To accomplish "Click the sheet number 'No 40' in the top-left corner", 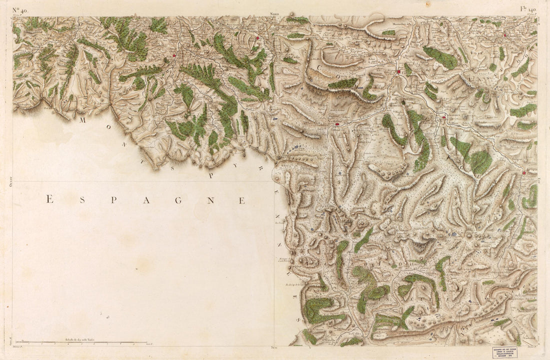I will point(20,9).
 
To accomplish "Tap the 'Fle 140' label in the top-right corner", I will point(528,8).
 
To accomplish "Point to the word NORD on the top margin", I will point(274,14).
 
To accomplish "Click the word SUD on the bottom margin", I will point(273,347).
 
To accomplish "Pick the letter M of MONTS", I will point(83,120).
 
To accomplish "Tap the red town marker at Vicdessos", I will point(337,124).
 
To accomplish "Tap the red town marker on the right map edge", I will point(523,173).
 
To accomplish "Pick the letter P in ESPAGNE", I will point(113,200).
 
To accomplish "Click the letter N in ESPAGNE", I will point(210,200).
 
